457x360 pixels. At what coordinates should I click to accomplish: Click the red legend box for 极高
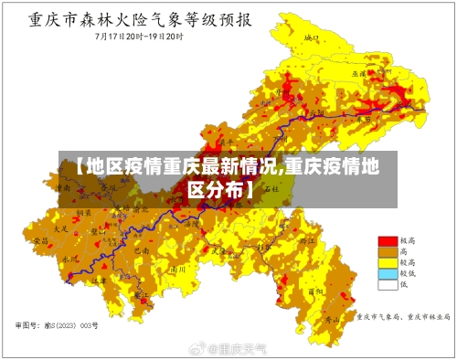(x=388, y=240)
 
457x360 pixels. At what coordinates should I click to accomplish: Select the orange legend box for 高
(x=388, y=251)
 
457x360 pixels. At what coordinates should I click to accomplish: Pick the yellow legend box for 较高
(x=388, y=262)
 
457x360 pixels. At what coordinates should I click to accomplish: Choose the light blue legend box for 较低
(x=388, y=273)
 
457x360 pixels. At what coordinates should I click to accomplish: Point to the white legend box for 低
(x=388, y=284)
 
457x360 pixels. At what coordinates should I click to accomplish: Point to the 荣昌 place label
(x=40, y=240)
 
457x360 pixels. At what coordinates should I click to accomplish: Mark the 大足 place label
(x=60, y=229)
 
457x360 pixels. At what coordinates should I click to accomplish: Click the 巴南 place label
(x=140, y=249)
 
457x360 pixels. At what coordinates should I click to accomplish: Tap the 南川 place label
(x=179, y=270)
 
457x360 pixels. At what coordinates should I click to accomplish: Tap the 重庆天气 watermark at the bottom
(x=237, y=349)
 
